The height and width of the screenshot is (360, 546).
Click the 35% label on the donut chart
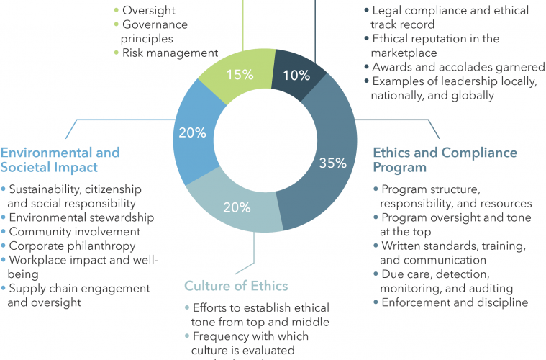coord(332,163)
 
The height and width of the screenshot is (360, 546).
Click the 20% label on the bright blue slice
coord(192,133)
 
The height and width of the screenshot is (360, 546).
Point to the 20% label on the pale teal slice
coord(236,208)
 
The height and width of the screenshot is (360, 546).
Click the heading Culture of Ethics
coord(236,286)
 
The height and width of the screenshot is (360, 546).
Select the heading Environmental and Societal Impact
coord(60,160)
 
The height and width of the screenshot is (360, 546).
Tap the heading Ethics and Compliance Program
coord(445,160)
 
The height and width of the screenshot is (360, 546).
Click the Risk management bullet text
coord(170,53)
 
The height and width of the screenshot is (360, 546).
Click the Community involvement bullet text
coord(74,231)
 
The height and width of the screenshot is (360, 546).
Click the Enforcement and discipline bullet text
coord(455,302)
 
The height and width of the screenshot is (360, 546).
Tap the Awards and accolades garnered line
coord(458,67)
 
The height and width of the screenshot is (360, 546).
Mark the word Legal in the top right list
coord(386,11)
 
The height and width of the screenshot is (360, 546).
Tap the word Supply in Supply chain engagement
coord(27,288)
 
